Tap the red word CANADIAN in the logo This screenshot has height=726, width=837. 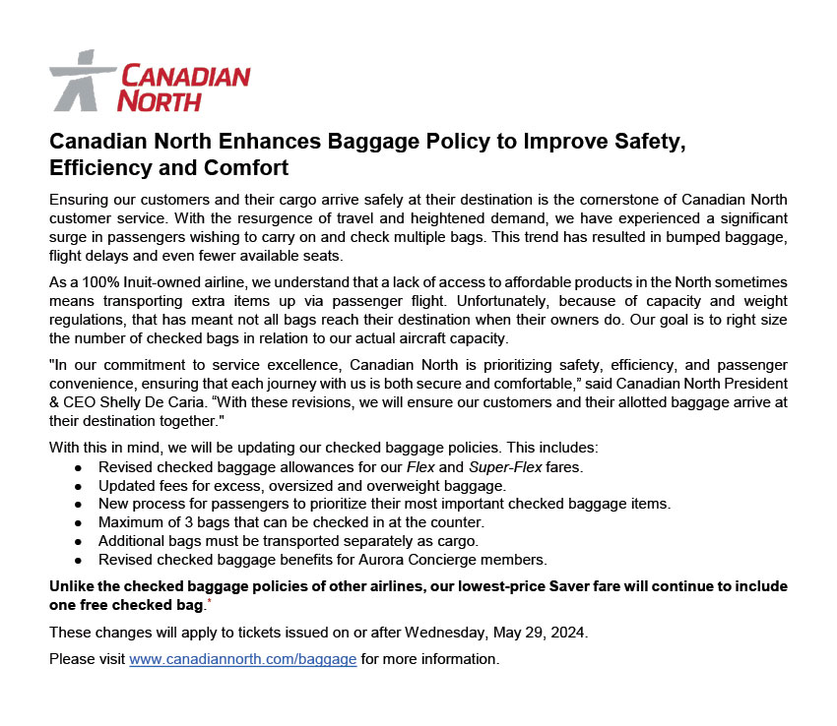tap(183, 76)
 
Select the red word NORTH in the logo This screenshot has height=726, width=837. tap(159, 99)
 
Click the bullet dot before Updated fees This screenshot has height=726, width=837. tap(77, 486)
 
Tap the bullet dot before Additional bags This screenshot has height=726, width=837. tap(77, 542)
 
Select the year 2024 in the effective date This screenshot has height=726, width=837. tap(567, 633)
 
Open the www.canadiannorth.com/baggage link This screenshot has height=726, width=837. tap(242, 659)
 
